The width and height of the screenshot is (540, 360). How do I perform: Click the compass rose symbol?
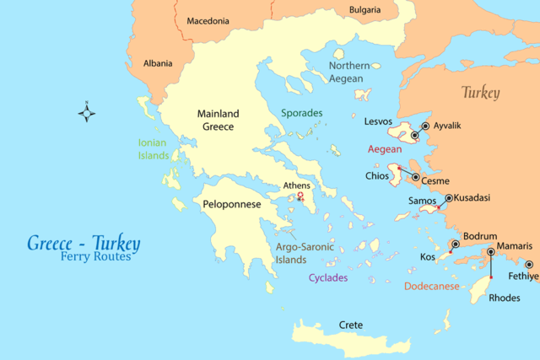(87, 111)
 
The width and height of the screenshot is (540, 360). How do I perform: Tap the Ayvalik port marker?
(425, 126)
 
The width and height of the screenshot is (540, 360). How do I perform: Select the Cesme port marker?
(416, 177)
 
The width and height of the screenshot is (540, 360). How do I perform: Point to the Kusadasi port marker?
(448, 198)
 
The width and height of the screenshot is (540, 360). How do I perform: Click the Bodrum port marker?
(456, 244)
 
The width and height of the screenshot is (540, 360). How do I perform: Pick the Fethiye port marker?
(529, 264)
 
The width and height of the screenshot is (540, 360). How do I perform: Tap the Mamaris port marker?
(491, 252)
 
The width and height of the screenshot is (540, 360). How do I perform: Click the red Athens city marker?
(300, 197)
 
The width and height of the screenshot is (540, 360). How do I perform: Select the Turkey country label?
(480, 93)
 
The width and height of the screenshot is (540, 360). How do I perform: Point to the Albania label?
(158, 63)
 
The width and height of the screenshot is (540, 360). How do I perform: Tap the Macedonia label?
(207, 20)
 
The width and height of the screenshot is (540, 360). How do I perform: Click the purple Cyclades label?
(327, 277)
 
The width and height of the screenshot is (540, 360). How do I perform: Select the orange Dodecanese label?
(432, 286)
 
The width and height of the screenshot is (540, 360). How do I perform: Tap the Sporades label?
(301, 113)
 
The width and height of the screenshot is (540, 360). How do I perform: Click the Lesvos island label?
(378, 121)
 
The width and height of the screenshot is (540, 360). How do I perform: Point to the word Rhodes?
(505, 297)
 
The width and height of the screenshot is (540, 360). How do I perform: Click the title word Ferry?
(75, 257)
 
